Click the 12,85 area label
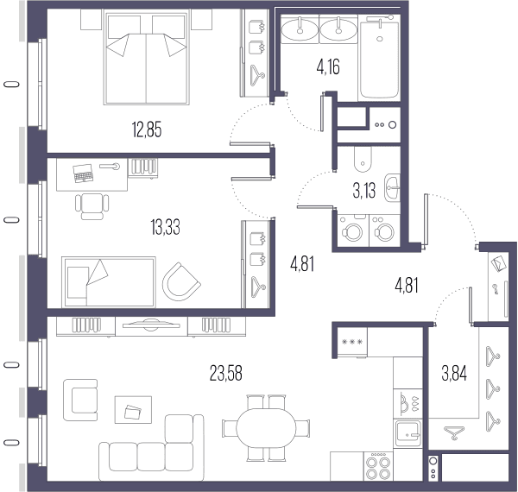click(147, 129)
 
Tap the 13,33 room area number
click(165, 228)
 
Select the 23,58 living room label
click(226, 373)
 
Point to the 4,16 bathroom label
click(328, 67)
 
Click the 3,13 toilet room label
click(364, 191)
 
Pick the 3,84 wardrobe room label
click(454, 374)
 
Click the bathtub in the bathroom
click(379, 58)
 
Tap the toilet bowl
click(363, 159)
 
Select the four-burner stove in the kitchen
click(378, 466)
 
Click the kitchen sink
click(408, 433)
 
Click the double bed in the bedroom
click(146, 58)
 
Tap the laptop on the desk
click(83, 173)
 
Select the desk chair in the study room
click(92, 206)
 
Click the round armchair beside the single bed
click(181, 281)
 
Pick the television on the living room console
click(151, 325)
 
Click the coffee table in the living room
click(133, 409)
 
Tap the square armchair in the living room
click(80, 400)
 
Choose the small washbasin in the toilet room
click(392, 187)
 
